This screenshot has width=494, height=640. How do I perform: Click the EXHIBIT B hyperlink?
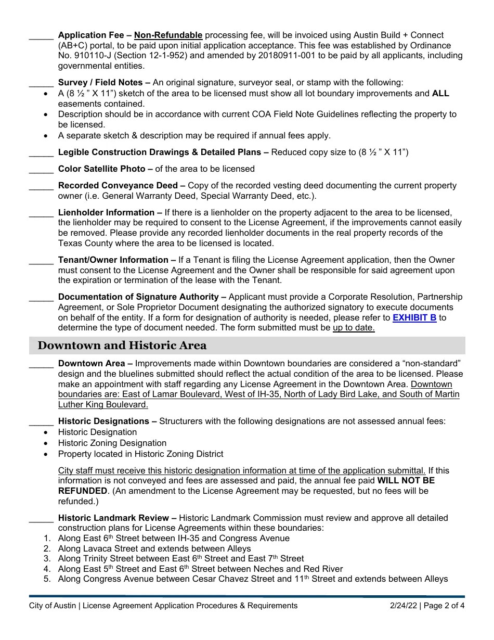click(x=414, y=317)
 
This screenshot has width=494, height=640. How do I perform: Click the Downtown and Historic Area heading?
click(x=122, y=345)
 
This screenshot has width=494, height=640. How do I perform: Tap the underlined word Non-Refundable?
click(x=168, y=35)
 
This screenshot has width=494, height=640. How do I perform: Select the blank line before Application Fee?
click(x=41, y=37)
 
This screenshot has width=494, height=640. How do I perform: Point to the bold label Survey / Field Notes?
click(x=100, y=82)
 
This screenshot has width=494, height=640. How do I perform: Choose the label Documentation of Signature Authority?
click(x=138, y=297)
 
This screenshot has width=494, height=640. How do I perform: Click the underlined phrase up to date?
click(x=354, y=328)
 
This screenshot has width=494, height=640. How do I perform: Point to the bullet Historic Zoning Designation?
click(x=112, y=443)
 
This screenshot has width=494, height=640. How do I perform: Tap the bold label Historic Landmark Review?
click(x=113, y=518)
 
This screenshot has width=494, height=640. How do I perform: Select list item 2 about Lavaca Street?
click(x=154, y=548)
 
